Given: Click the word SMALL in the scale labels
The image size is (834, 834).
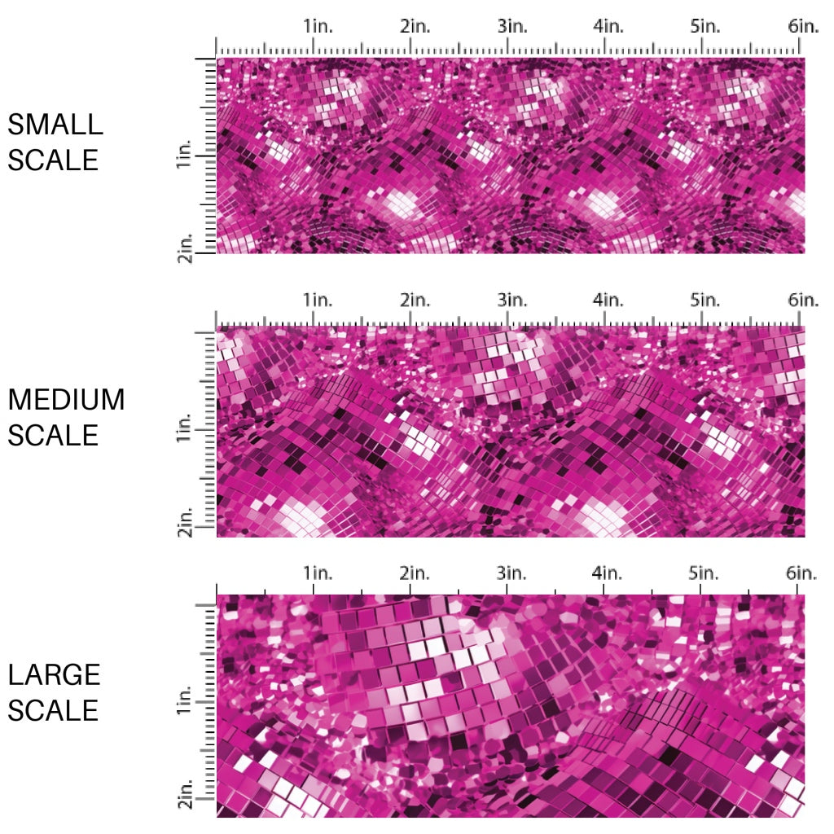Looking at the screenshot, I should point(55,125).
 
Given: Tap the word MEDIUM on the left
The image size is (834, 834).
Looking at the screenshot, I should point(66,400).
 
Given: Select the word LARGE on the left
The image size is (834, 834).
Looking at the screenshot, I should point(55,674).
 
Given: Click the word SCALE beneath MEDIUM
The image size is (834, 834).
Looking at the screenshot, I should point(53,436).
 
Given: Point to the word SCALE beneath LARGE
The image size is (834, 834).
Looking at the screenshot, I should point(53,710).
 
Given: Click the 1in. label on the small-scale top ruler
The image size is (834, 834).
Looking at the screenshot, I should point(319,26).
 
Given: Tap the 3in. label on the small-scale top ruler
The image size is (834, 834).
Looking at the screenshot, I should point(512,26).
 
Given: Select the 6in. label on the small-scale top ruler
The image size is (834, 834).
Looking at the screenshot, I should point(803,26).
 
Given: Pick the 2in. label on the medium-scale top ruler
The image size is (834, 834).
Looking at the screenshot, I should point(415,300).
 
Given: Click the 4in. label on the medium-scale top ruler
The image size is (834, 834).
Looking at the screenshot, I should point(608,300).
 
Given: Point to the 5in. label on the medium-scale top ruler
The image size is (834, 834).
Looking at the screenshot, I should point(705,300).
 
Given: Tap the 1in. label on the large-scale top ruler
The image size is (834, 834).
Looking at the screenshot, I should point(319,573).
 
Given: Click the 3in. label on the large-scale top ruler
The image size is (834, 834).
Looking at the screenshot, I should point(512,573).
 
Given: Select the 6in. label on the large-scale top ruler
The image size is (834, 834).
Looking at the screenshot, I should point(803,573).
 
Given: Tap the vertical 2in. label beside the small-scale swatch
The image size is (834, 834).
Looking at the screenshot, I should point(183,248).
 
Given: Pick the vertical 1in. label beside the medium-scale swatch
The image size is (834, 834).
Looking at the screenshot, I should point(183,428).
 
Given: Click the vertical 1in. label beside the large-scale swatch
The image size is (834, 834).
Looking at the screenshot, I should point(183,702).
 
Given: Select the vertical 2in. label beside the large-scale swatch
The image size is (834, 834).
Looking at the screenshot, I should point(183,796).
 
